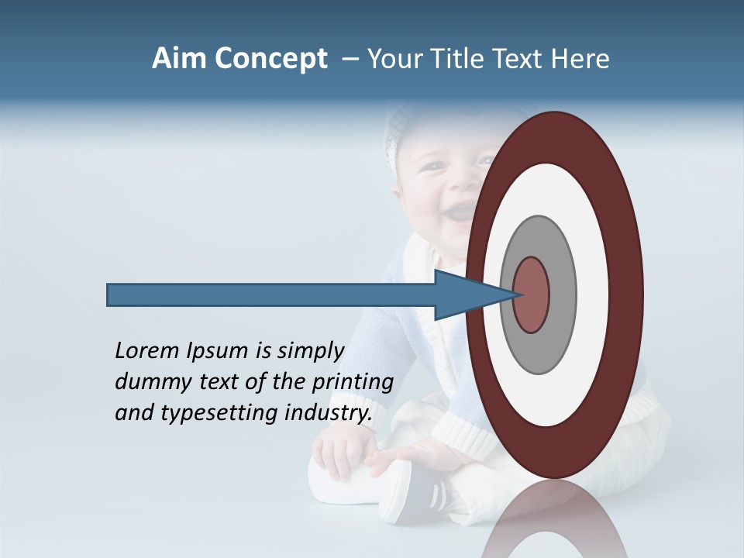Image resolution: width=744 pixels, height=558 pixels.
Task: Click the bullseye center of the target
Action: pos(532,294)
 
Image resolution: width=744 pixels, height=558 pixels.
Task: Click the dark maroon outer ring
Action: pos(629,294)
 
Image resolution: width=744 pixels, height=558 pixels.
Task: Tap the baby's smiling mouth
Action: pos(459,211)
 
